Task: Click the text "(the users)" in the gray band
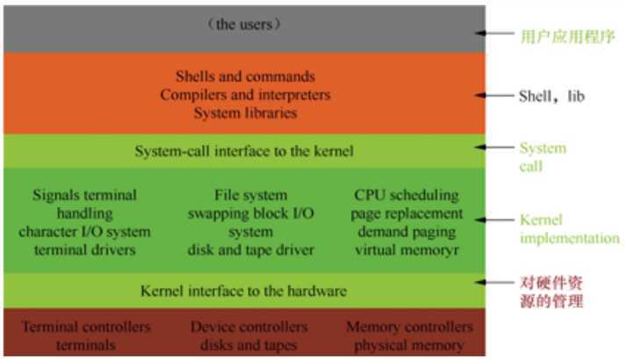244,25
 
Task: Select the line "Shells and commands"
244,76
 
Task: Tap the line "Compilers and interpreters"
244,94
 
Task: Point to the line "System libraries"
244,112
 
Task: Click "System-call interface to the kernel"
244,151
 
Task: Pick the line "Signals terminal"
83,194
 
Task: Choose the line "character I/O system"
83,232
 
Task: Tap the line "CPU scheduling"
406,194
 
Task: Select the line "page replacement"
406,212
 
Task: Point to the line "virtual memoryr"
406,250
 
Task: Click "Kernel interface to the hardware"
244,290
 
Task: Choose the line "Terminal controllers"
85,327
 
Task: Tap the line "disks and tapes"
248,345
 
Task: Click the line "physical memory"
409,345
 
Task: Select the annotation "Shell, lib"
550,96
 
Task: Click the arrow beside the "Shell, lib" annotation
500,96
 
